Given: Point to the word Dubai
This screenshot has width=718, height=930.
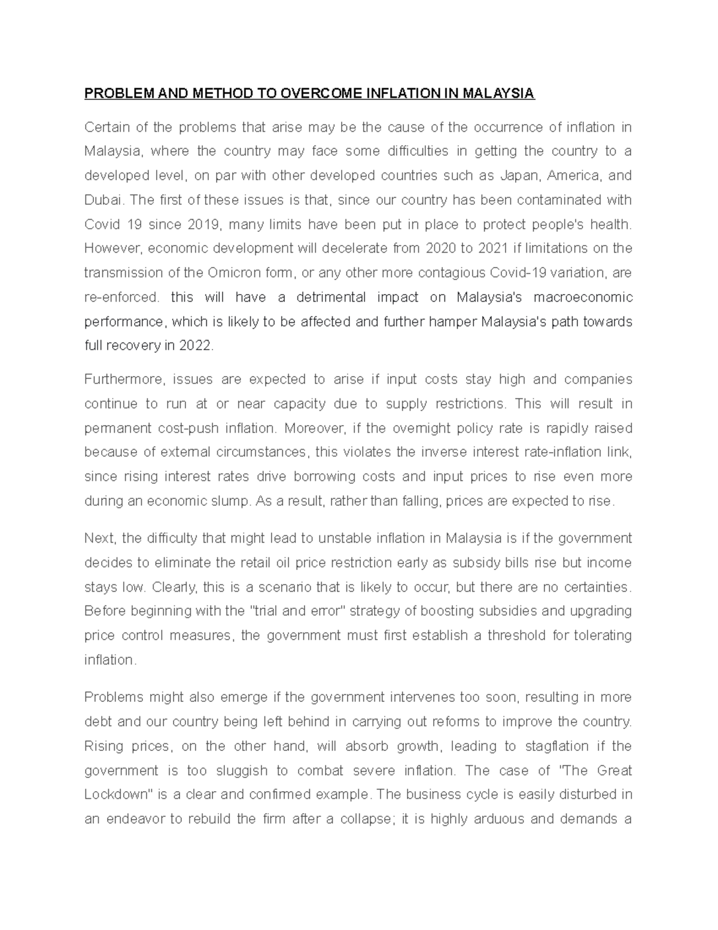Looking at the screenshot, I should pos(101,200).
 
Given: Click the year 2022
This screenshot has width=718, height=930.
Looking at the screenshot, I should pos(196,346).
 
